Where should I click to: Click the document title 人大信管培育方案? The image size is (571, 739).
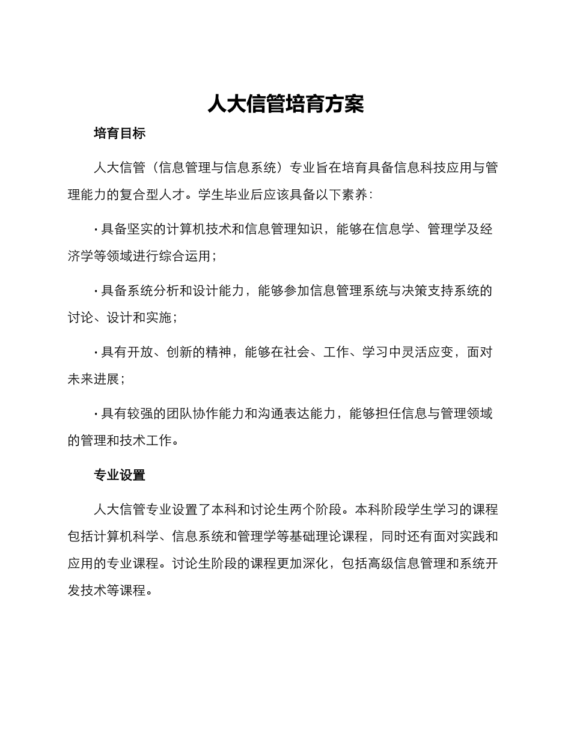pos(285,104)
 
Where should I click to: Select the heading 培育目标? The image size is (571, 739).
pos(120,133)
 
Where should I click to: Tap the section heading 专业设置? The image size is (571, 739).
pos(120,475)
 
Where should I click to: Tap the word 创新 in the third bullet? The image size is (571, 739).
pos(179,353)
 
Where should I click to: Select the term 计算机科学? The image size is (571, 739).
pos(126,537)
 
